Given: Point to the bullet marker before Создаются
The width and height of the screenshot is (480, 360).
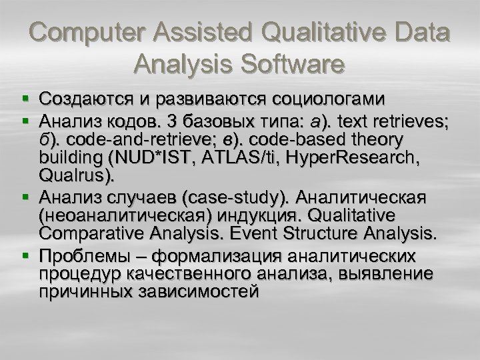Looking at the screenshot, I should (x=25, y=101).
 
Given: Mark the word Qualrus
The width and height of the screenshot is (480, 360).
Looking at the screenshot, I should (x=77, y=177).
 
